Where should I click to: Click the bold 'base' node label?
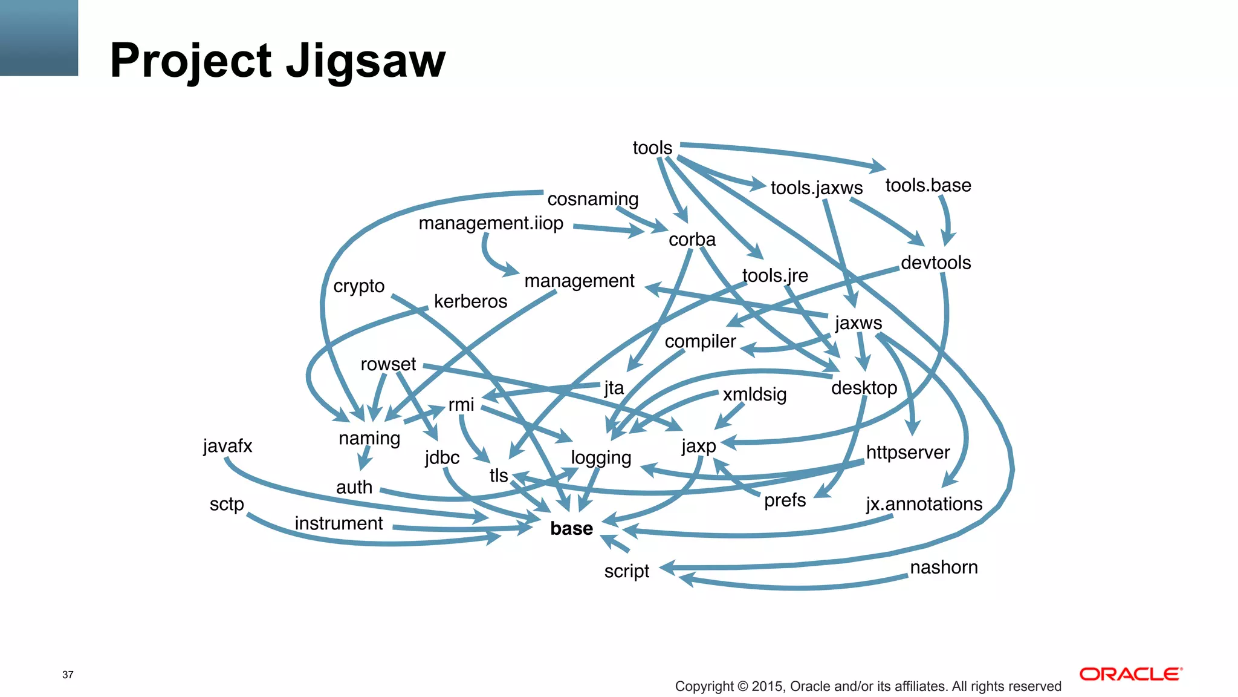tap(571, 528)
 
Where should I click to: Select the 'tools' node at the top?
tap(652, 148)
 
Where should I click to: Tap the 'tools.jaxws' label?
tap(817, 188)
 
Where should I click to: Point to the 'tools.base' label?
tap(928, 185)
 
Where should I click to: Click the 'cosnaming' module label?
tap(592, 199)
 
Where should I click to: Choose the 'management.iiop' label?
tap(491, 223)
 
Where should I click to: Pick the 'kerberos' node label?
tap(470, 301)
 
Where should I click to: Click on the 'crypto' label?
tap(358, 286)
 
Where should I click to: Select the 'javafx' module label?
tap(227, 446)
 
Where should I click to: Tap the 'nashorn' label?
tap(944, 568)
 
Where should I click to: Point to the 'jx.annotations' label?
tap(924, 504)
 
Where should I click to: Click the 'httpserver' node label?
tap(908, 453)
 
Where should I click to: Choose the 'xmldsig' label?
tap(754, 394)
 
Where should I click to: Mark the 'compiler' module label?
tap(700, 342)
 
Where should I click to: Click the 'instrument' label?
tap(339, 523)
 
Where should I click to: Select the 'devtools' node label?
tap(936, 263)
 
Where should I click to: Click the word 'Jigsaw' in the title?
tap(365, 61)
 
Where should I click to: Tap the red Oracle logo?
tap(1130, 674)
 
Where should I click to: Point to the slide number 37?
tap(68, 675)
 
